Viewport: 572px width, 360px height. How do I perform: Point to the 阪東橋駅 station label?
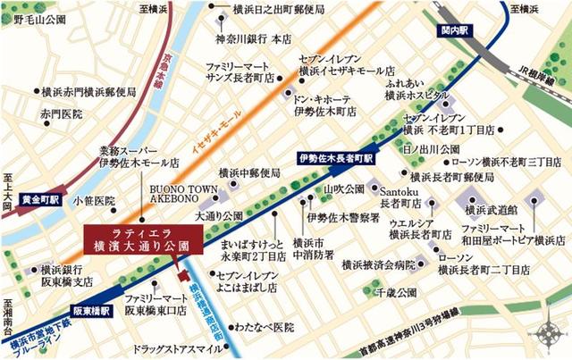click(x=92, y=311)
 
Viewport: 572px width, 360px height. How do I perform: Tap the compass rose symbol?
click(x=548, y=335)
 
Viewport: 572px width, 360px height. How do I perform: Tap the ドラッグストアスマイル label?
click(x=174, y=349)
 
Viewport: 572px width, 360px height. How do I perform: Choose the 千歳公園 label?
click(x=396, y=292)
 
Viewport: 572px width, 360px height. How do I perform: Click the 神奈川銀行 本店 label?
click(x=253, y=38)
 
